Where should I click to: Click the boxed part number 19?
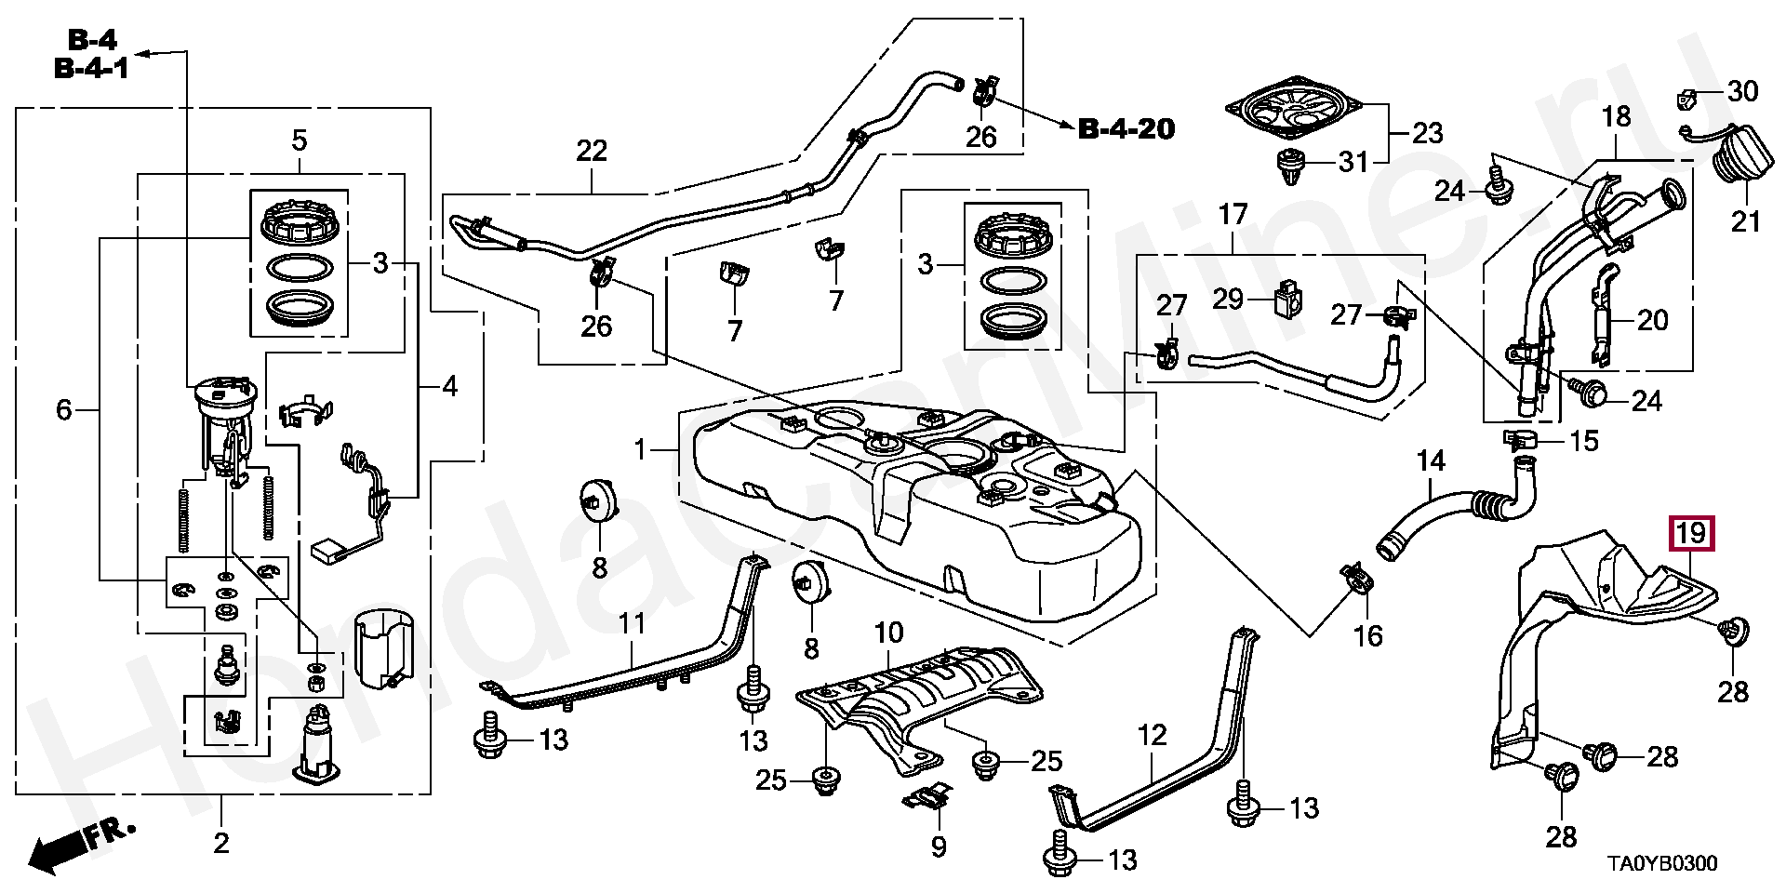(1692, 535)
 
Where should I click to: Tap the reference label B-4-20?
(1126, 129)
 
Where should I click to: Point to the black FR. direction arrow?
(58, 848)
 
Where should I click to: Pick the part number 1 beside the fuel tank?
(640, 450)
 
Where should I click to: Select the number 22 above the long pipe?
(592, 151)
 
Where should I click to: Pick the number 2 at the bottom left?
(221, 844)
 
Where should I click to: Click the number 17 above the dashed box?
(1233, 216)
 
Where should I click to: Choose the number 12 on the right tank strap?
(1152, 736)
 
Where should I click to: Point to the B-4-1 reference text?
(91, 69)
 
